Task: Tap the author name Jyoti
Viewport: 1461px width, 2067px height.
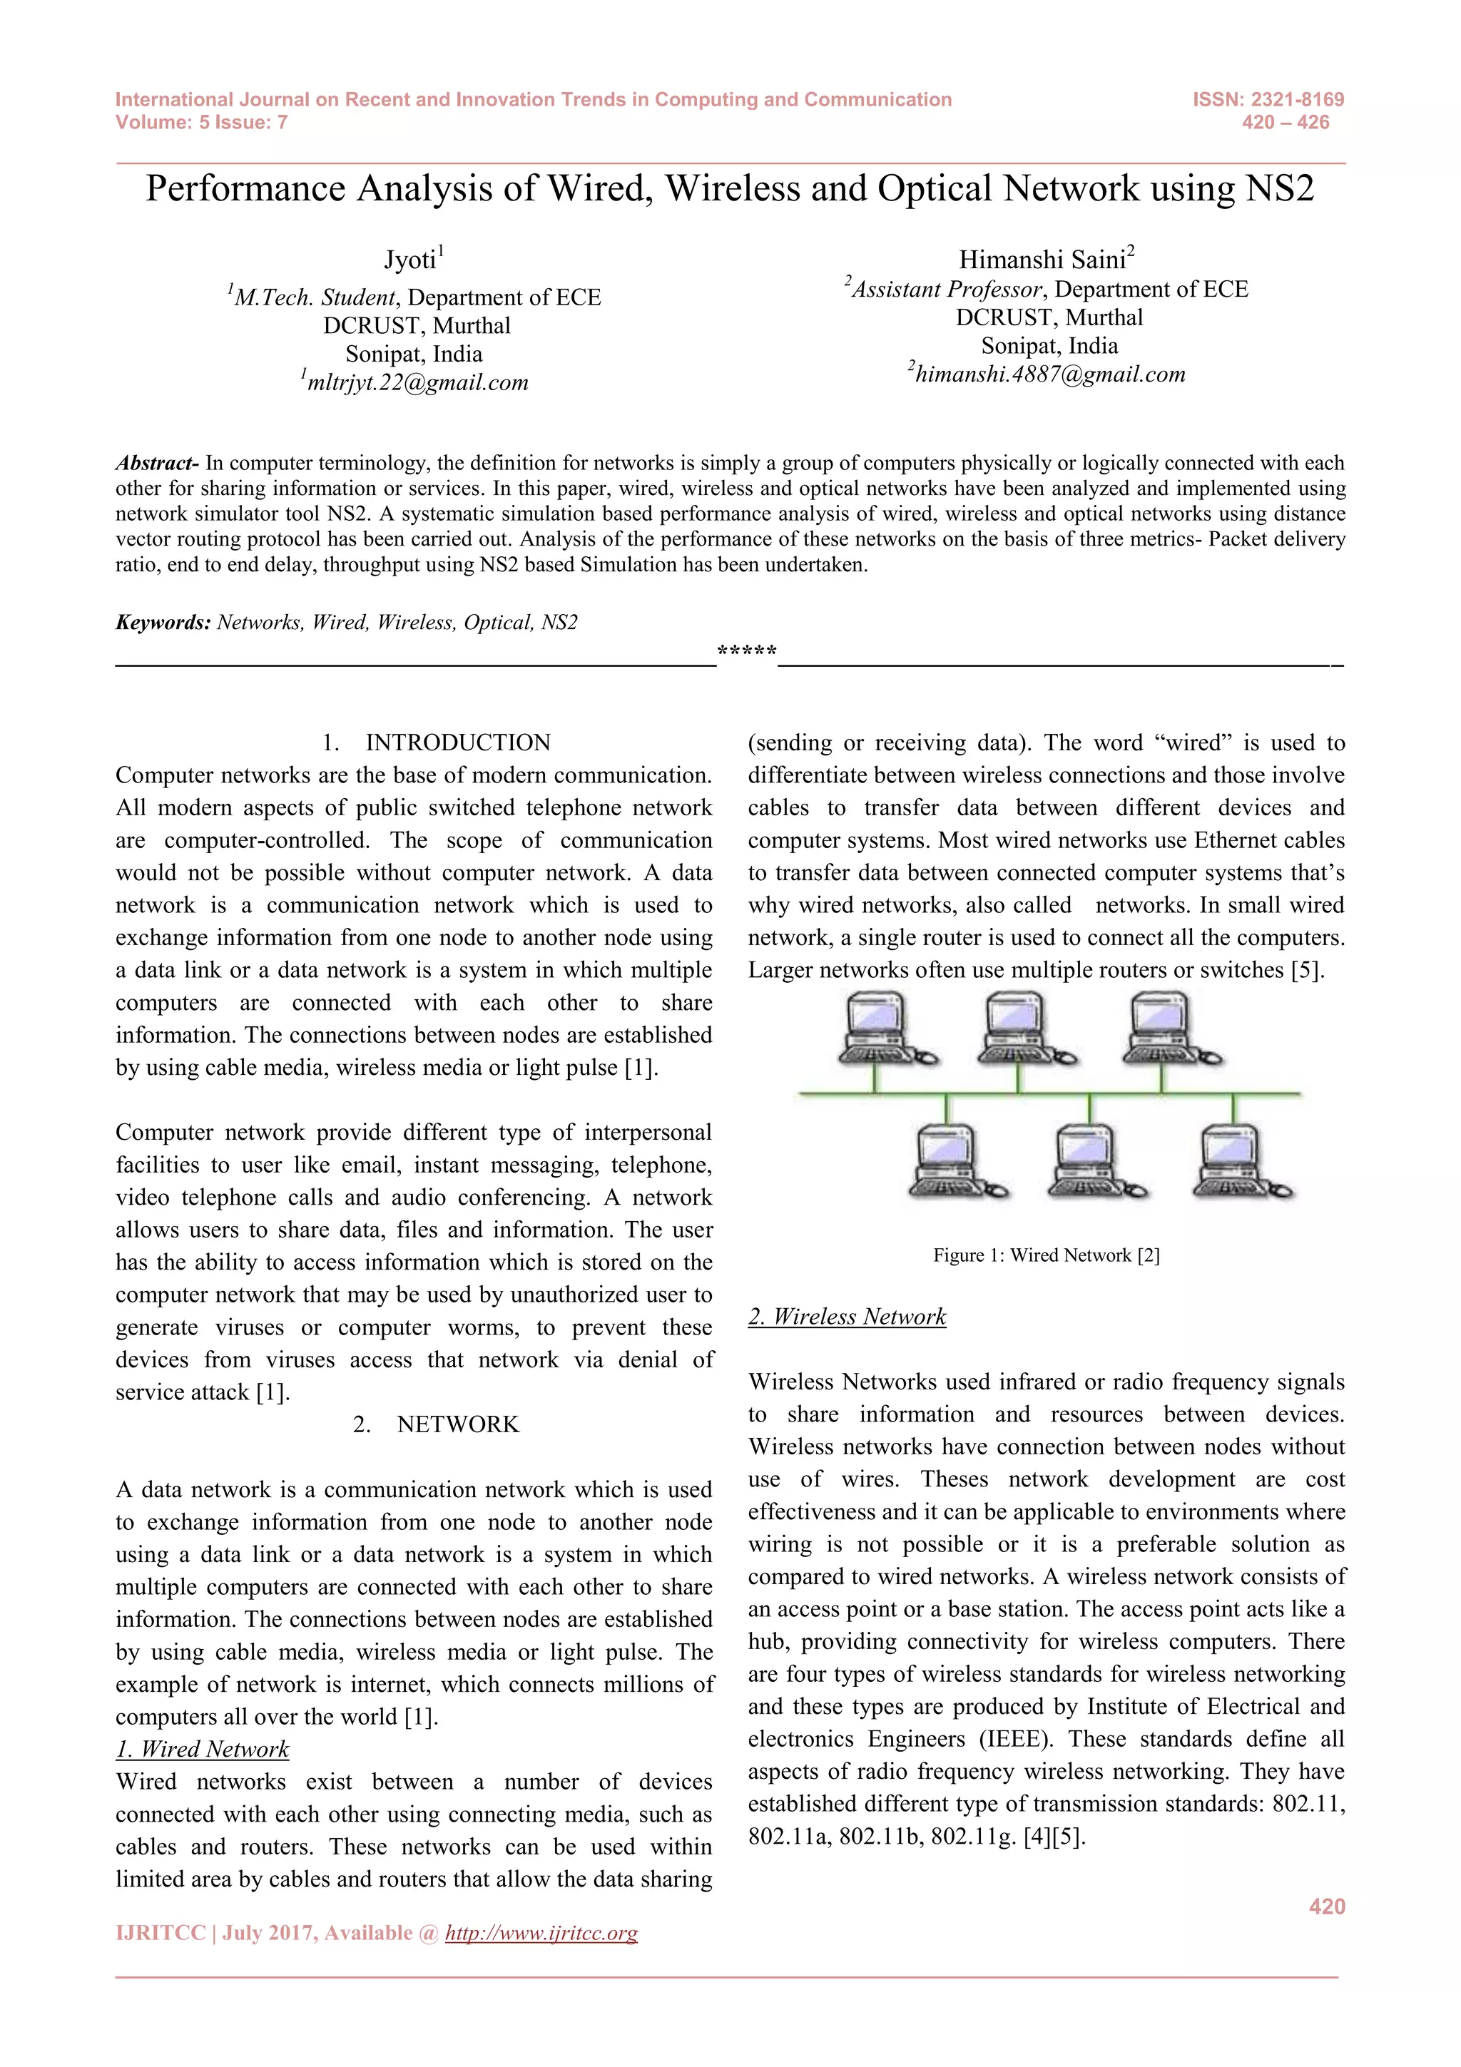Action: coord(410,260)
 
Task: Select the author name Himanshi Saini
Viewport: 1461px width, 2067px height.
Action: coord(1042,260)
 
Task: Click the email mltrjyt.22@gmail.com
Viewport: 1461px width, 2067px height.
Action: coord(417,382)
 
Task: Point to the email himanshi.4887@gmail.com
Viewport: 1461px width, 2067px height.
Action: coord(1049,374)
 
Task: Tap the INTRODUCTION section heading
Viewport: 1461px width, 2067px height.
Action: coord(457,742)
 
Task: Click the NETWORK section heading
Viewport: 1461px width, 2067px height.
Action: coord(457,1424)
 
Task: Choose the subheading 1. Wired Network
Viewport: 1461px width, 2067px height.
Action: coord(203,1748)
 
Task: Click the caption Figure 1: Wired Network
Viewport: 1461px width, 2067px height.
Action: coord(1046,1255)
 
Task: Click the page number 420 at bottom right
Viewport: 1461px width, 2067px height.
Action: coord(1326,1905)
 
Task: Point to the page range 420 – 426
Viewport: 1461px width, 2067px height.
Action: coord(1285,123)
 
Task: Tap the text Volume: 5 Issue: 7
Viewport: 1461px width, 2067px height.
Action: coord(202,123)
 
